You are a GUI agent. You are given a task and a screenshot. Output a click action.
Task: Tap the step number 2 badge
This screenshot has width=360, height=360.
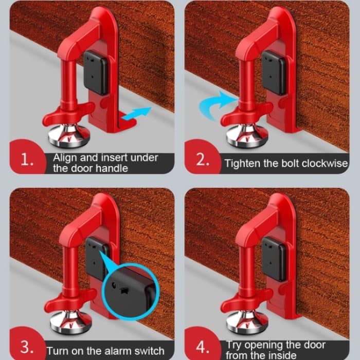click(x=202, y=160)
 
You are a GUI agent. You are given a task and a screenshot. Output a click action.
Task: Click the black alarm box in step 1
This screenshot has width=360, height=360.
click(x=96, y=75)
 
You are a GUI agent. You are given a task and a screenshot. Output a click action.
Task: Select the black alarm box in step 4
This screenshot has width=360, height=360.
click(x=274, y=259)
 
